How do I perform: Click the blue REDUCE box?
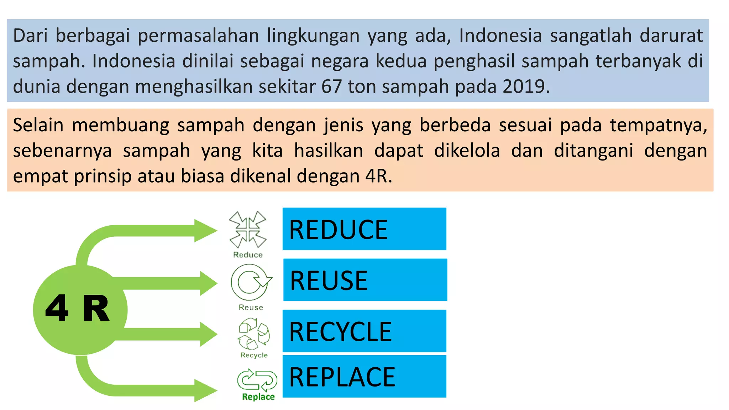(364, 229)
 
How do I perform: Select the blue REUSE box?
(365, 280)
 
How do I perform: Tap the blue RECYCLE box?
(364, 331)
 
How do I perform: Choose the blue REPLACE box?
(364, 376)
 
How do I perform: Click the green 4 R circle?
(80, 310)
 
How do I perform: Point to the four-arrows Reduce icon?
(248, 230)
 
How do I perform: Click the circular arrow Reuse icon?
(251, 283)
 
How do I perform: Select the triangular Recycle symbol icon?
(253, 333)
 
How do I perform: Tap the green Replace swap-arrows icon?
(257, 380)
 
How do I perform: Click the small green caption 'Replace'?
(258, 397)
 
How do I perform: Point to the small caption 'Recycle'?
(254, 355)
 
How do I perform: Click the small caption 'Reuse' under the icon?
(251, 307)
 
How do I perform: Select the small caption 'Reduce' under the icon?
(248, 255)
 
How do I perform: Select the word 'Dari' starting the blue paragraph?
(30, 36)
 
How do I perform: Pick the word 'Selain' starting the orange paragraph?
(38, 125)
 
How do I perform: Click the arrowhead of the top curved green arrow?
(206, 231)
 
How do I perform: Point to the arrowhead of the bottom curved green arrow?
(206, 390)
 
